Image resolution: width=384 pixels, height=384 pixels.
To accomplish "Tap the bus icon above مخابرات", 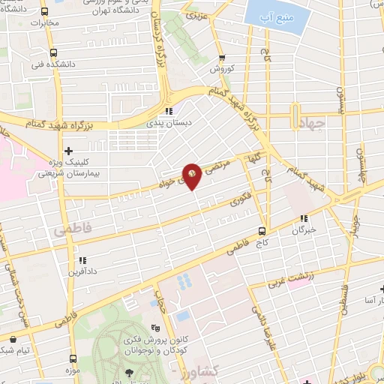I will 44,12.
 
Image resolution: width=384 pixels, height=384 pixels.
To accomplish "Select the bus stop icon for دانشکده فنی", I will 53,53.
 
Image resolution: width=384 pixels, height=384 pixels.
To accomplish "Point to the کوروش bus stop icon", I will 220,58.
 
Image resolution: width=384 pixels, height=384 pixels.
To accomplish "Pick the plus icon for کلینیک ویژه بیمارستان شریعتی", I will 69,151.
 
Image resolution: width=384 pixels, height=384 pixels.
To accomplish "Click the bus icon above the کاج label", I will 262,230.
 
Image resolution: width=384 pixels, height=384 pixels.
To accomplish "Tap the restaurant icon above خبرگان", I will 304,220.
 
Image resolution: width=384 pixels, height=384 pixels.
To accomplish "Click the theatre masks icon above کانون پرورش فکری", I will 155,328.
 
